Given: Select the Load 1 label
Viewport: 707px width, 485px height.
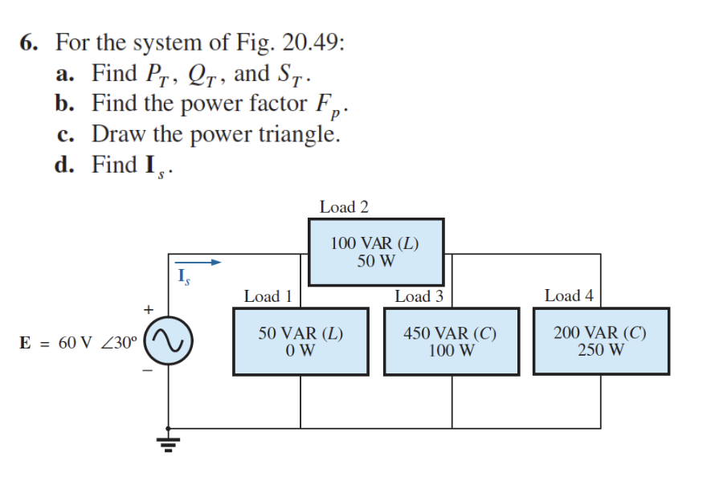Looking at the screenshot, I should pyautogui.click(x=267, y=296).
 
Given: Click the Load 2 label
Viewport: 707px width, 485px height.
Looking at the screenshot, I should pyautogui.click(x=344, y=207).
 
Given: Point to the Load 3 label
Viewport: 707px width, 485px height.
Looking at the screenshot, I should pyautogui.click(x=419, y=296).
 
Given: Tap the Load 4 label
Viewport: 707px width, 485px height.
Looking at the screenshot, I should pyautogui.click(x=569, y=296).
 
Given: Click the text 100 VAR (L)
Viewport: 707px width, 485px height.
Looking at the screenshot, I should pyautogui.click(x=376, y=244).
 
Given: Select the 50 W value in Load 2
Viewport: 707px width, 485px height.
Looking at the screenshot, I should pyautogui.click(x=376, y=261).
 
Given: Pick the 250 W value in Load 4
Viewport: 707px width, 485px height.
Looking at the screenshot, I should pyautogui.click(x=601, y=350).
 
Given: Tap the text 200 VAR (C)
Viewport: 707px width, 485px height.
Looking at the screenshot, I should pyautogui.click(x=601, y=333).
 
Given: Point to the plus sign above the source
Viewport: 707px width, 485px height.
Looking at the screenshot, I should pyautogui.click(x=147, y=308).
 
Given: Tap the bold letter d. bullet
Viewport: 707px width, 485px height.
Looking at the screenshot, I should pyautogui.click(x=67, y=165).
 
